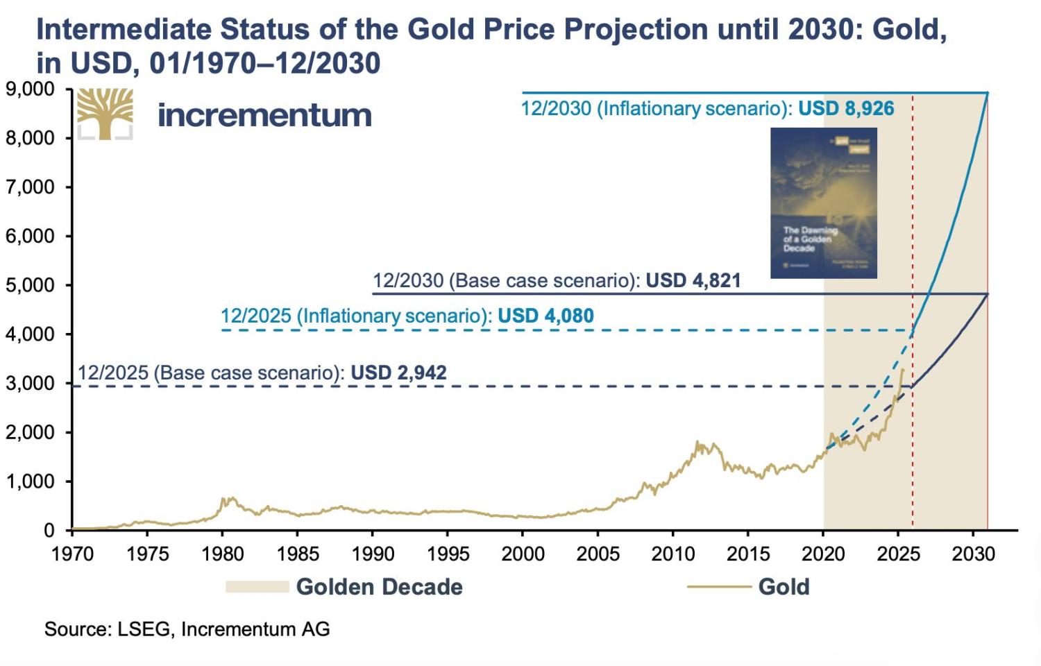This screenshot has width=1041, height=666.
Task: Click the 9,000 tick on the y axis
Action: coord(30,89)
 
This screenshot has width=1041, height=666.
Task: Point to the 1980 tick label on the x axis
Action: coord(222,554)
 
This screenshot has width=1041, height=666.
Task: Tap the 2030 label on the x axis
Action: coord(973,554)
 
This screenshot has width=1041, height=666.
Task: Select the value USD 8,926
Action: coord(846,109)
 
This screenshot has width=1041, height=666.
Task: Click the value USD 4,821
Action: coord(693,280)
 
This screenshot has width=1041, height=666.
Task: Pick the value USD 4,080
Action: coord(545,316)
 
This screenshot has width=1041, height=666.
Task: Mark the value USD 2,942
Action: coord(398,373)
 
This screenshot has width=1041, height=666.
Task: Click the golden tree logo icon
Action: coord(105,114)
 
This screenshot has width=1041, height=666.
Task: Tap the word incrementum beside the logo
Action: coord(264,115)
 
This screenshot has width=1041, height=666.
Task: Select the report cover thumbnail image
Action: coord(824,203)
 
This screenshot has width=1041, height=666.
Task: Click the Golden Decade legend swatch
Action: coord(257,587)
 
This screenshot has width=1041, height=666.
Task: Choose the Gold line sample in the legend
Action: coord(719,587)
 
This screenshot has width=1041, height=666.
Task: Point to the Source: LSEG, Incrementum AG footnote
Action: coord(187,629)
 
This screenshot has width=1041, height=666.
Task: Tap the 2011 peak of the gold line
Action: coord(697,442)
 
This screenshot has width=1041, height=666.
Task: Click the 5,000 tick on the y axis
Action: coord(30,285)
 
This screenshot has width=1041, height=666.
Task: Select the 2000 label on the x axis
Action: coord(523,554)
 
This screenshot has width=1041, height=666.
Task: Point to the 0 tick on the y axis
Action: coord(49,531)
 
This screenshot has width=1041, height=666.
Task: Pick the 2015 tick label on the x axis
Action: coord(747,554)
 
